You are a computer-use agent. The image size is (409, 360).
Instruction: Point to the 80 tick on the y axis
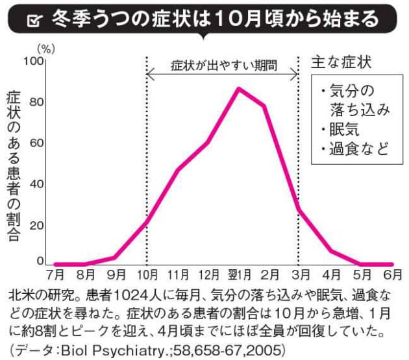(36, 102)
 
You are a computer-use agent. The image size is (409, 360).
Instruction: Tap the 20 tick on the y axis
(36, 225)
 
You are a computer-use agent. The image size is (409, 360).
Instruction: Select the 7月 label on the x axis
(55, 274)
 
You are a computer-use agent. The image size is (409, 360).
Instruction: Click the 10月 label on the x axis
(147, 274)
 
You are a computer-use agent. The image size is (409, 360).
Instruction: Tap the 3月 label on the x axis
(299, 274)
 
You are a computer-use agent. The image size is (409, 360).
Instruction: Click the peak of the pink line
(239, 88)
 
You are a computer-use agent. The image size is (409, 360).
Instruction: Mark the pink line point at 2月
(264, 106)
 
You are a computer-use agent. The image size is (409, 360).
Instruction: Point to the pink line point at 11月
(177, 170)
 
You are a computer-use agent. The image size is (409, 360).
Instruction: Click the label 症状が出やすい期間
(223, 66)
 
